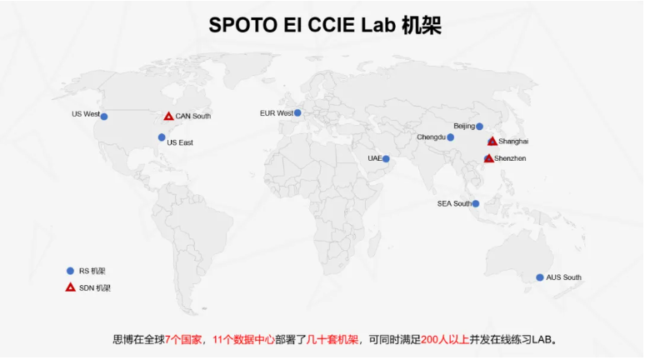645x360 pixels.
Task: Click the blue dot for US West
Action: pyautogui.click(x=104, y=117)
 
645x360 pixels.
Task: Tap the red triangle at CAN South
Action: pyautogui.click(x=168, y=117)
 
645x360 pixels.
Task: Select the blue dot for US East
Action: pyautogui.click(x=162, y=137)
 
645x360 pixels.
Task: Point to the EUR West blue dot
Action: pyautogui.click(x=297, y=112)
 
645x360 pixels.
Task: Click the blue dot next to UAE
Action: pyautogui.click(x=386, y=159)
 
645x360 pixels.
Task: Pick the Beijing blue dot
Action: pyautogui.click(x=479, y=127)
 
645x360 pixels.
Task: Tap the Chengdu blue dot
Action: pyautogui.click(x=451, y=137)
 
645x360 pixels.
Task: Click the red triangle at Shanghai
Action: pyautogui.click(x=492, y=141)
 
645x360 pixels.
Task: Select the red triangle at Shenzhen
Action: pyautogui.click(x=488, y=158)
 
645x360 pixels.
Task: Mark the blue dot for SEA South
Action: pyautogui.click(x=476, y=203)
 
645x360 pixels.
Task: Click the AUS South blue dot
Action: pyautogui.click(x=540, y=277)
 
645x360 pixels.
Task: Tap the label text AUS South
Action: pyautogui.click(x=563, y=277)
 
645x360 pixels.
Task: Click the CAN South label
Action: pyautogui.click(x=193, y=117)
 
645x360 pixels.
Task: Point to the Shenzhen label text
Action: pyautogui.click(x=510, y=158)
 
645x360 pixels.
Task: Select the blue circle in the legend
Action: pyautogui.click(x=70, y=271)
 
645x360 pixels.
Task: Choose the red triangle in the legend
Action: pyautogui.click(x=70, y=287)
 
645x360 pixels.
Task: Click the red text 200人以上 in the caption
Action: pyautogui.click(x=445, y=340)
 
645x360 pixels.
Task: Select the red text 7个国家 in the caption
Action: pyautogui.click(x=183, y=340)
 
